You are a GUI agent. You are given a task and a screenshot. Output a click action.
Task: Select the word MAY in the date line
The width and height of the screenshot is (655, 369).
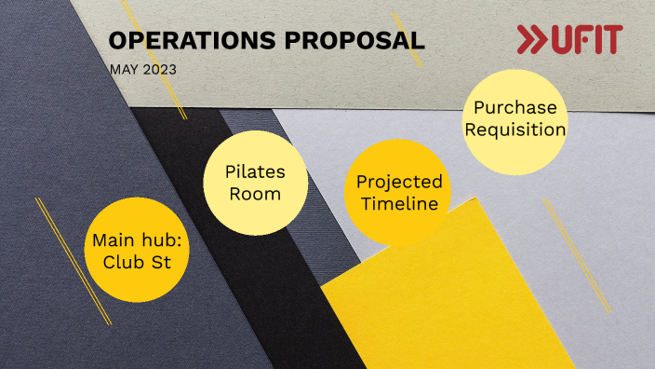click(x=122, y=70)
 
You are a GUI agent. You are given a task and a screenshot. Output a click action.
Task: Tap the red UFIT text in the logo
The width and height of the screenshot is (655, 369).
click(x=586, y=40)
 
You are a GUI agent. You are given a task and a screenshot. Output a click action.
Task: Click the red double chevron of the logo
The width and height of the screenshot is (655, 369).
click(x=532, y=40)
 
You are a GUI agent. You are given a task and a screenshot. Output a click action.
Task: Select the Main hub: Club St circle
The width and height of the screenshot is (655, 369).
click(x=138, y=250)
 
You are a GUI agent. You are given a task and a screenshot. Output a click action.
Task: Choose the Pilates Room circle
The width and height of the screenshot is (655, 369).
click(x=255, y=183)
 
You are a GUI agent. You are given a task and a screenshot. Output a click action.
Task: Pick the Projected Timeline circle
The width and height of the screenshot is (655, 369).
click(x=398, y=192)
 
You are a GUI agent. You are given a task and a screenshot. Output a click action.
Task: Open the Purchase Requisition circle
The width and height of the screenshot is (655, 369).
click(x=515, y=119)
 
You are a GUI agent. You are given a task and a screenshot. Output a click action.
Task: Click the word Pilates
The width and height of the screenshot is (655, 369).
click(x=255, y=172)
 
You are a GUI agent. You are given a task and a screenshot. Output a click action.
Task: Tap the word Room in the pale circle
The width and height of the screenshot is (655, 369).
click(x=255, y=194)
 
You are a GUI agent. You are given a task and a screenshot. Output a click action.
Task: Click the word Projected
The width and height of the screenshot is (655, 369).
click(x=399, y=181)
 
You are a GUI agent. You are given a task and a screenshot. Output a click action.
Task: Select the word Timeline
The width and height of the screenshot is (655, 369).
click(x=399, y=203)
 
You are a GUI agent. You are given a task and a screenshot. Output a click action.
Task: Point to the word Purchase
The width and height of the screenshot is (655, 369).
click(x=515, y=107)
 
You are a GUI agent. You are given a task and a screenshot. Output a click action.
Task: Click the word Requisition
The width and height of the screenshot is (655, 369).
click(x=515, y=130)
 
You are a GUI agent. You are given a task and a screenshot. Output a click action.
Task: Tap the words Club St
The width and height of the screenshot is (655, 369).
click(x=138, y=261)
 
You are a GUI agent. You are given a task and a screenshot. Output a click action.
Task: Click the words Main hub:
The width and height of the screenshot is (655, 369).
click(x=138, y=239)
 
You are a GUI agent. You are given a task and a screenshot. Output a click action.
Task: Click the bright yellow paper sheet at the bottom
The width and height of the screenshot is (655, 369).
click(x=465, y=298)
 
